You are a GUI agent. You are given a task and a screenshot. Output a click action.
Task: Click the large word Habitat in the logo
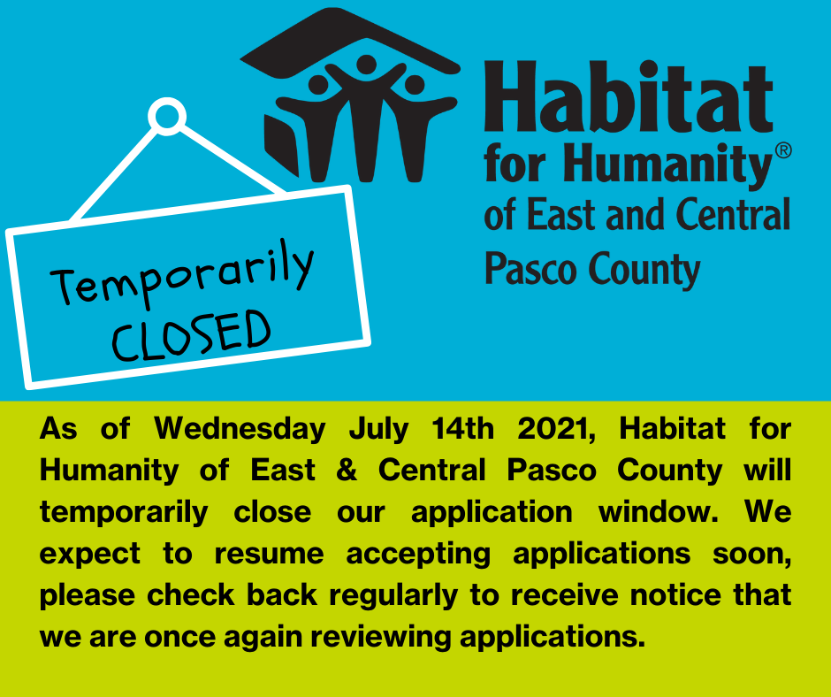(x=628, y=97)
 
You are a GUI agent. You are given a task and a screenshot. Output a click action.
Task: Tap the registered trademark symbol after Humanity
(x=783, y=150)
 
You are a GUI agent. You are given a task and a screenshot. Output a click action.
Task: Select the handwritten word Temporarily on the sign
(x=182, y=274)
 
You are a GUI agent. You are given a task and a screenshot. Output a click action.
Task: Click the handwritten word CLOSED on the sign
(x=191, y=335)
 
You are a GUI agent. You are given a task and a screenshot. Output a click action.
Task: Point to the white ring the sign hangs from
(x=167, y=116)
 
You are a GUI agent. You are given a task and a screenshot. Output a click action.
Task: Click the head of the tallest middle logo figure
(x=366, y=65)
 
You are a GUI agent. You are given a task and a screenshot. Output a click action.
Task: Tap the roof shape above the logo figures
(x=350, y=42)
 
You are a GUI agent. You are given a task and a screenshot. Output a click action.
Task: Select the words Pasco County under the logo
(x=592, y=271)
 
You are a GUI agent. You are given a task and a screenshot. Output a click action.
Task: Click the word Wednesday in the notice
(x=240, y=430)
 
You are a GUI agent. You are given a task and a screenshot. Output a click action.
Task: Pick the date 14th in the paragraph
(x=462, y=428)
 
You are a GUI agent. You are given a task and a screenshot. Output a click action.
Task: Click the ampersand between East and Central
(x=347, y=470)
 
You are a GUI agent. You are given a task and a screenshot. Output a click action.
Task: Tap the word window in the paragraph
(x=659, y=512)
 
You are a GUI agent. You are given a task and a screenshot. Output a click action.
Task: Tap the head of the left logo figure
(x=318, y=85)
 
